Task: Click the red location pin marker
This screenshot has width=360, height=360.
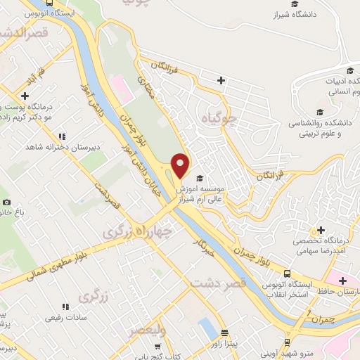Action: click(x=181, y=166)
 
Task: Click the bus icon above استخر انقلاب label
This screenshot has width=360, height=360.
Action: click(x=287, y=274)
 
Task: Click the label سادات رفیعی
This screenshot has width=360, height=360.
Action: click(x=65, y=318)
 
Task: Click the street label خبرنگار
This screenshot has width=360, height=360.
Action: click(x=201, y=247)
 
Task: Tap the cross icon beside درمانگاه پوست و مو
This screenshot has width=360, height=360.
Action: click(x=25, y=96)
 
